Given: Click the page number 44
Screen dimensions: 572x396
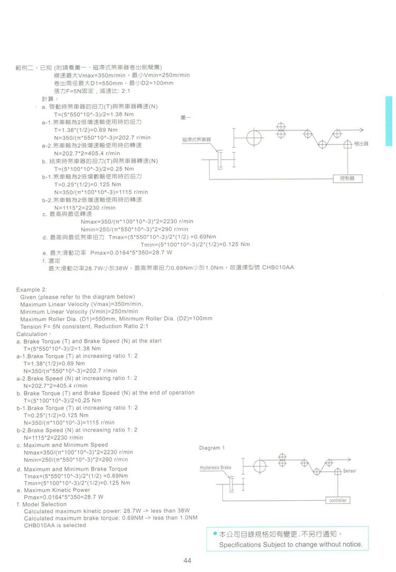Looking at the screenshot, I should click(x=187, y=560).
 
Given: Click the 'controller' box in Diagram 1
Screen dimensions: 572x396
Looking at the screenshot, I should click(x=337, y=500).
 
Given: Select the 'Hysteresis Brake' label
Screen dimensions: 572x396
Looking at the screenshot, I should click(x=215, y=468).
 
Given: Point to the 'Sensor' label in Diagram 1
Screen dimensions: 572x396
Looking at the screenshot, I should click(x=350, y=471).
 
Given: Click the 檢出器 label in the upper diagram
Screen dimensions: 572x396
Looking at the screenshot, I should click(x=362, y=143).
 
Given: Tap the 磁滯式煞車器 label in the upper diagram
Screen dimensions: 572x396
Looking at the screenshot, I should click(x=196, y=139).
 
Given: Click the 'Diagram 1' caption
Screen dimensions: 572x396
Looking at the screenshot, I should click(x=212, y=448).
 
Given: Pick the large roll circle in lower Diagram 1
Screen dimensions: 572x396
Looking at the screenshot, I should click(x=260, y=467).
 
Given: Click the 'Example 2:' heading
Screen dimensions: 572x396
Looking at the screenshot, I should click(x=32, y=290).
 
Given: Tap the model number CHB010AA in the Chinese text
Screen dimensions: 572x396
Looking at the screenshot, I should click(x=278, y=268).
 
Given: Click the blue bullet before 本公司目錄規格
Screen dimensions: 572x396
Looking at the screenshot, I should click(x=215, y=535).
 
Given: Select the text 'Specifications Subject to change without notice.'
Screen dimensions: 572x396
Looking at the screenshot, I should click(x=290, y=544).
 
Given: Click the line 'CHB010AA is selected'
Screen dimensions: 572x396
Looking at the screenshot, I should click(x=55, y=525).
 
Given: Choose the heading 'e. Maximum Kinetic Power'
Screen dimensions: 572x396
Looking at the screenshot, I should click(x=50, y=490).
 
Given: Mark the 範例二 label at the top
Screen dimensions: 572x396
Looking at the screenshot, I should click(x=23, y=68).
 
